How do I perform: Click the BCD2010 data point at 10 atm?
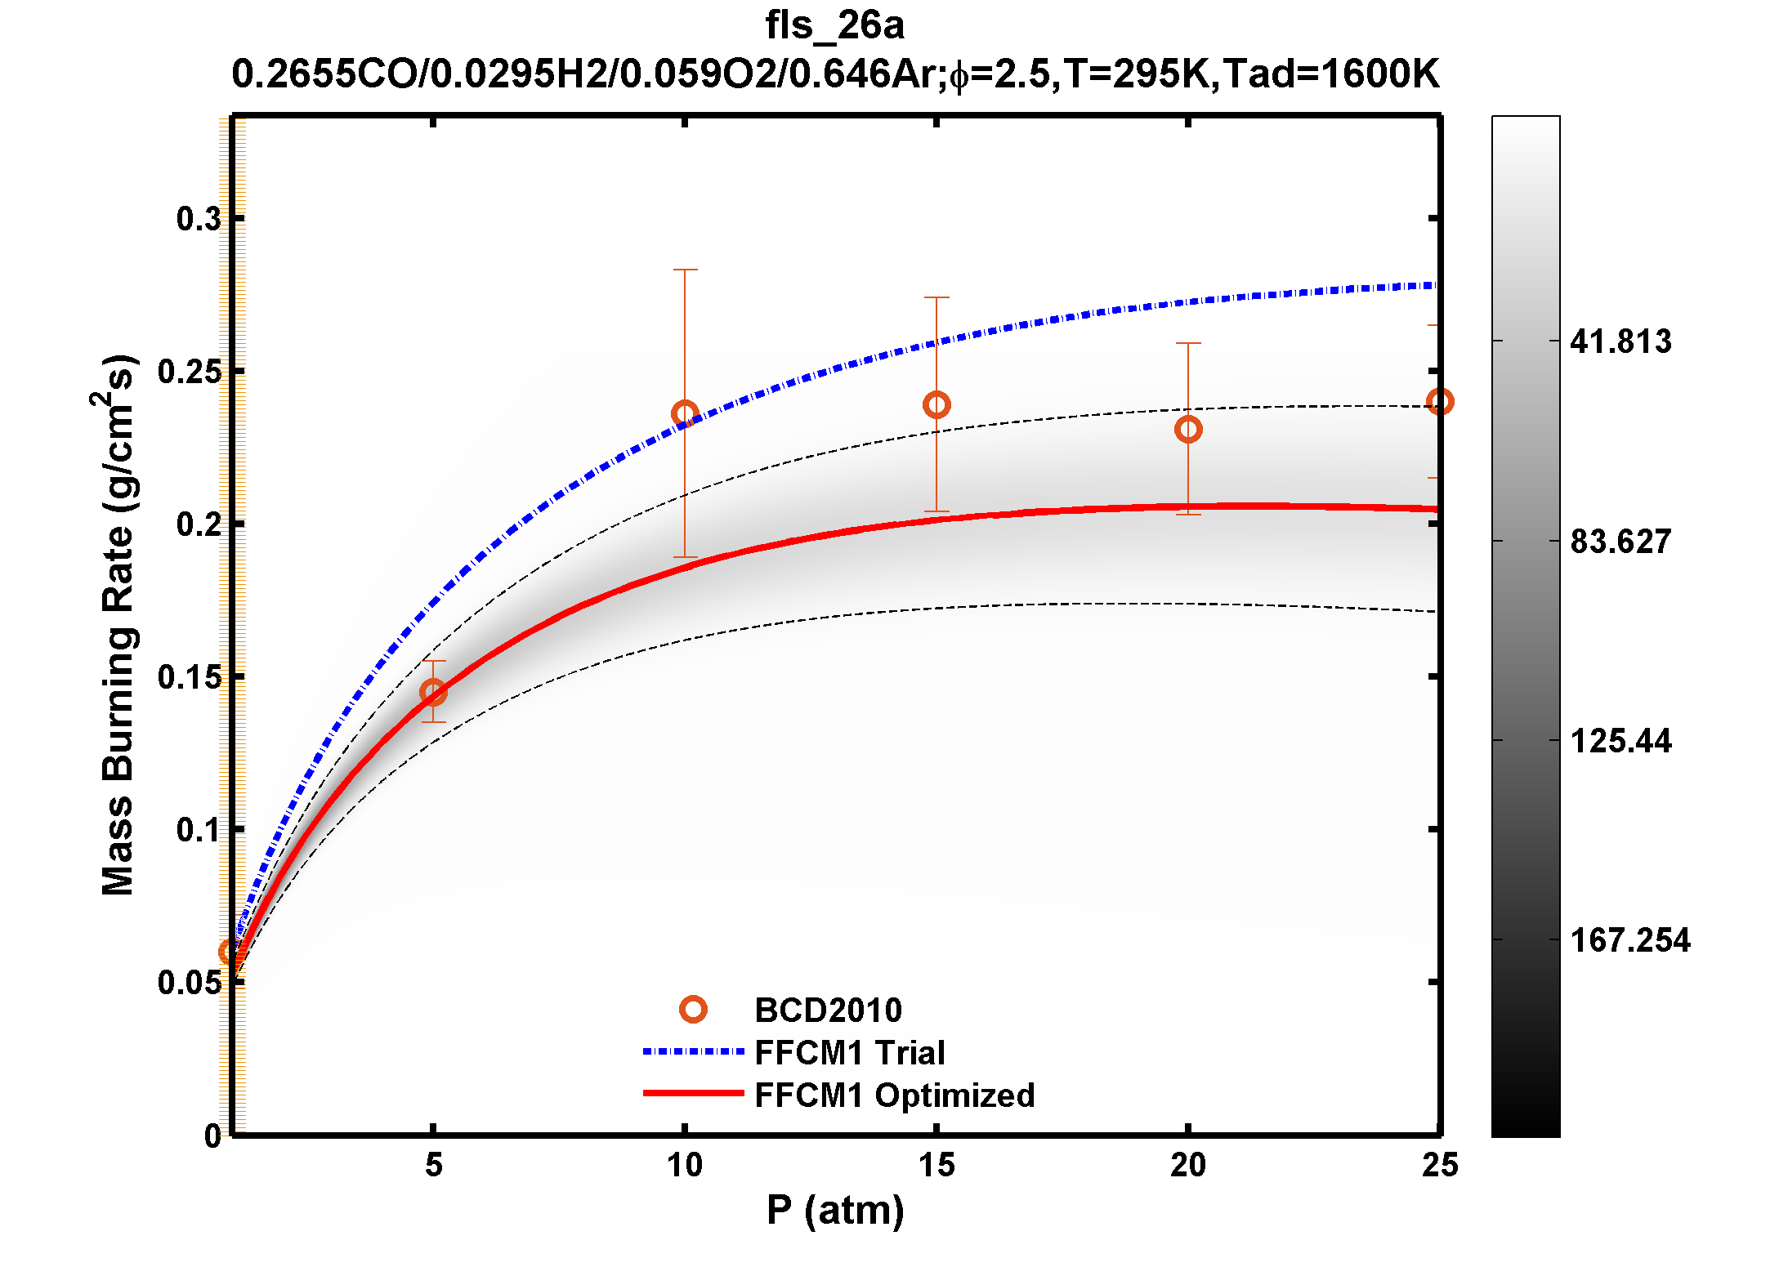(x=685, y=413)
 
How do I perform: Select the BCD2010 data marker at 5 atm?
(x=433, y=692)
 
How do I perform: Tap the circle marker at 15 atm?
(x=936, y=404)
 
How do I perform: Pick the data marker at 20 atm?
(x=1188, y=429)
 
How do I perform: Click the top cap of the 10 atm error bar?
(x=685, y=270)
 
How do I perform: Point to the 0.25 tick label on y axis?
(x=189, y=372)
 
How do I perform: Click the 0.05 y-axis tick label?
(x=189, y=983)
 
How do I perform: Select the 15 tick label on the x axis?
(x=936, y=1165)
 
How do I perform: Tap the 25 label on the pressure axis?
(x=1439, y=1165)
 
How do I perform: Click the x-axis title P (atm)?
(x=835, y=1210)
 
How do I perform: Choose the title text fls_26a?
(x=834, y=26)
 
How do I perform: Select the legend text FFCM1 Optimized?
(x=895, y=1095)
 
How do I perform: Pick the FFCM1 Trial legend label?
(x=850, y=1053)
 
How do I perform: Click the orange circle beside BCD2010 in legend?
(x=693, y=1010)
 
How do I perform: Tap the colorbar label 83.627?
(x=1620, y=542)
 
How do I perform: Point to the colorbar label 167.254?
(x=1629, y=940)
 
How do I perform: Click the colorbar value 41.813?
(x=1620, y=341)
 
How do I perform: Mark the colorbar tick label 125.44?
(x=1620, y=741)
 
